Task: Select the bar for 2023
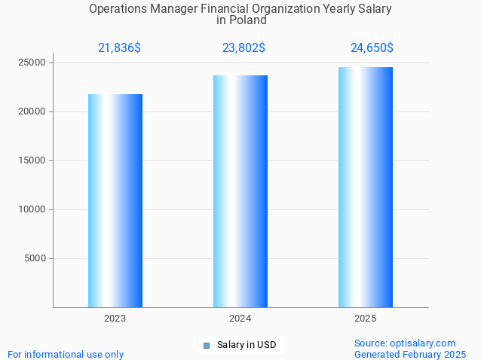pyautogui.click(x=115, y=200)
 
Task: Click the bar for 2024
pyautogui.click(x=240, y=191)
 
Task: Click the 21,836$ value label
pyautogui.click(x=119, y=48)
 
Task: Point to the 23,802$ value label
pyautogui.click(x=244, y=48)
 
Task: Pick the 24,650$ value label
pyautogui.click(x=372, y=48)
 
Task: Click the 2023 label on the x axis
pyautogui.click(x=115, y=319)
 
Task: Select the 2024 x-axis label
pyautogui.click(x=240, y=319)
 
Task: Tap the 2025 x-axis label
pyautogui.click(x=366, y=319)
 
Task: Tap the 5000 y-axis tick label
pyautogui.click(x=35, y=258)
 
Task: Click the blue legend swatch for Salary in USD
pyautogui.click(x=207, y=346)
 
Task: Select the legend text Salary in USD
pyautogui.click(x=247, y=346)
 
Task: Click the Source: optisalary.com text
pyautogui.click(x=405, y=343)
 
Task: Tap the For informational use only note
pyautogui.click(x=66, y=354)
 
